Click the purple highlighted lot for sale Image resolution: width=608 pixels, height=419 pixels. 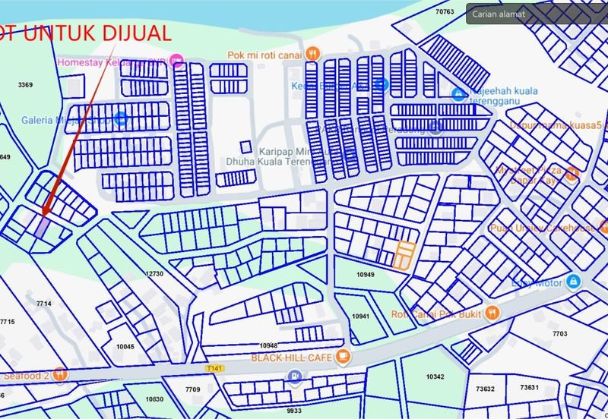(x=42, y=225)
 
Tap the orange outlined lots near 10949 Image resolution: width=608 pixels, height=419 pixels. (x=404, y=255)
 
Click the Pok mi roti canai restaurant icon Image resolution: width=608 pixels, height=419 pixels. (x=312, y=54)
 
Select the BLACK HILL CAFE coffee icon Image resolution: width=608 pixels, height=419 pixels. (x=344, y=356)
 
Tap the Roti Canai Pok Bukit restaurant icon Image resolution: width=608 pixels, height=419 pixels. (x=492, y=313)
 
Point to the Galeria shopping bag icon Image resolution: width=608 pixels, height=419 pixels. (x=121, y=119)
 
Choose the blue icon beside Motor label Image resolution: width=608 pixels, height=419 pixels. (x=574, y=282)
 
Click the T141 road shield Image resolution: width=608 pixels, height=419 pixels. (x=217, y=367)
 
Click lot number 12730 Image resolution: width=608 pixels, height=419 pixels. (x=154, y=273)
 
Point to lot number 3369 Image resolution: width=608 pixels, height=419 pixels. (x=25, y=85)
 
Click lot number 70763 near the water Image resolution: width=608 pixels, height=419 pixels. (x=445, y=11)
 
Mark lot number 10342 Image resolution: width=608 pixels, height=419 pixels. (x=435, y=376)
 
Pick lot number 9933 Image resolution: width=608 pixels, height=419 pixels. (x=294, y=411)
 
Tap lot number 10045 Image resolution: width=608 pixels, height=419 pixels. (x=125, y=347)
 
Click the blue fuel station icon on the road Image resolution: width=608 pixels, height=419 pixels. (x=295, y=375)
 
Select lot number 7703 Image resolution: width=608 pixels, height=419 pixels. (x=559, y=333)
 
